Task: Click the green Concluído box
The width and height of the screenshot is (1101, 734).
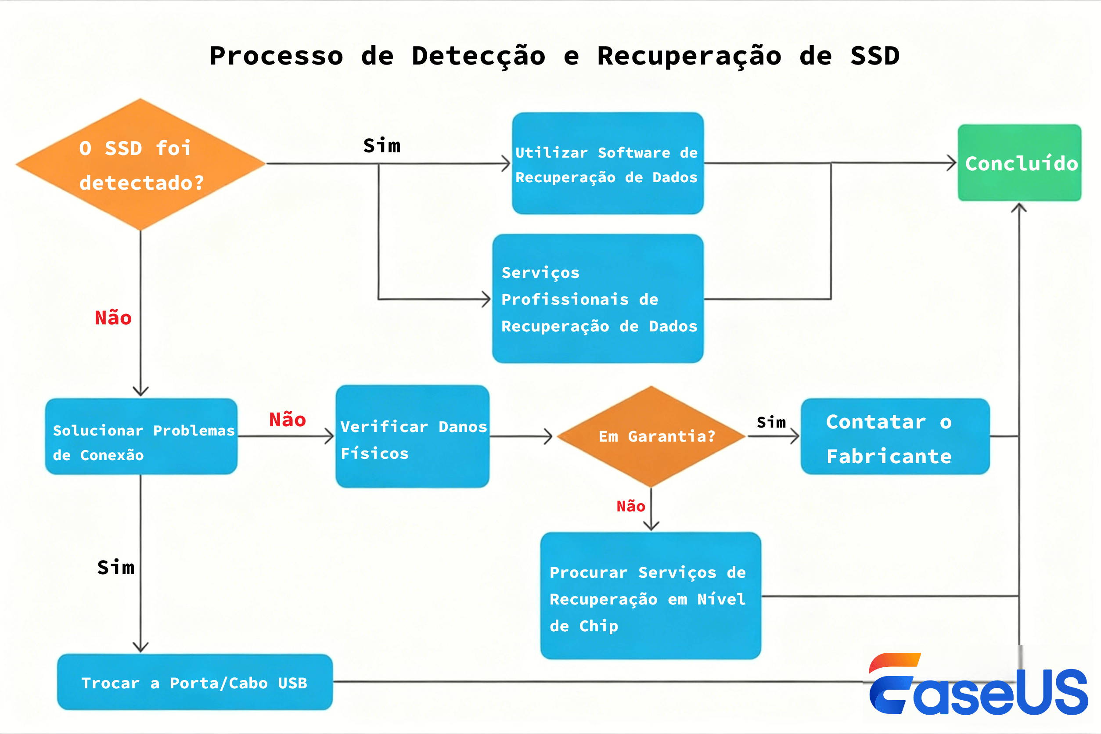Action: pyautogui.click(x=1019, y=162)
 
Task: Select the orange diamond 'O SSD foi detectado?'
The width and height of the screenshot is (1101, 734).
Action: pyautogui.click(x=140, y=164)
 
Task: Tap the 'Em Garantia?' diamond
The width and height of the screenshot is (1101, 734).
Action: pyautogui.click(x=651, y=436)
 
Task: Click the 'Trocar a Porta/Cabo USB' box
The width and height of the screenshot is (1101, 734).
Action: pyautogui.click(x=195, y=682)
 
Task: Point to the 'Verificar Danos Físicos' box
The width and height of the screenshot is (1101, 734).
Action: pyautogui.click(x=412, y=436)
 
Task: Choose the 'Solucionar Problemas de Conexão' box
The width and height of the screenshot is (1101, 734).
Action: pyautogui.click(x=141, y=436)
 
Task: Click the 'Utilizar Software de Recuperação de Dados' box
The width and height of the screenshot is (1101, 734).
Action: pyautogui.click(x=608, y=163)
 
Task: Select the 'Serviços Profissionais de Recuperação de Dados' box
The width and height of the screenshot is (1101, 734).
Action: pyautogui.click(x=598, y=299)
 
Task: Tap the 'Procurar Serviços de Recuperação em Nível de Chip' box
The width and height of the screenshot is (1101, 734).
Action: pyautogui.click(x=650, y=596)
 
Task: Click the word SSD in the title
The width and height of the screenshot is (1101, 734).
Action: pyautogui.click(x=874, y=56)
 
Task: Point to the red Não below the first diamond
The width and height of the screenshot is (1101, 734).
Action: pyautogui.click(x=113, y=318)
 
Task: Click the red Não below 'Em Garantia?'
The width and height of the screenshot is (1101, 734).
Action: pyautogui.click(x=630, y=506)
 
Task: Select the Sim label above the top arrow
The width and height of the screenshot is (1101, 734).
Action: pyautogui.click(x=382, y=146)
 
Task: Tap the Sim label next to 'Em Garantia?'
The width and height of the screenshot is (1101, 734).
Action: pyautogui.click(x=771, y=422)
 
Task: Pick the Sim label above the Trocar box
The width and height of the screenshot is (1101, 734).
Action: pyautogui.click(x=115, y=567)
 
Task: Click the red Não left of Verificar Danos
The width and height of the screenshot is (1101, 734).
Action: pyautogui.click(x=288, y=419)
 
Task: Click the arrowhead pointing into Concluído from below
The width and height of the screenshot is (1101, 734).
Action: pyautogui.click(x=1019, y=207)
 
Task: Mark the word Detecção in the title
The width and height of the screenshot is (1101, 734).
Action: pyautogui.click(x=479, y=56)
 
